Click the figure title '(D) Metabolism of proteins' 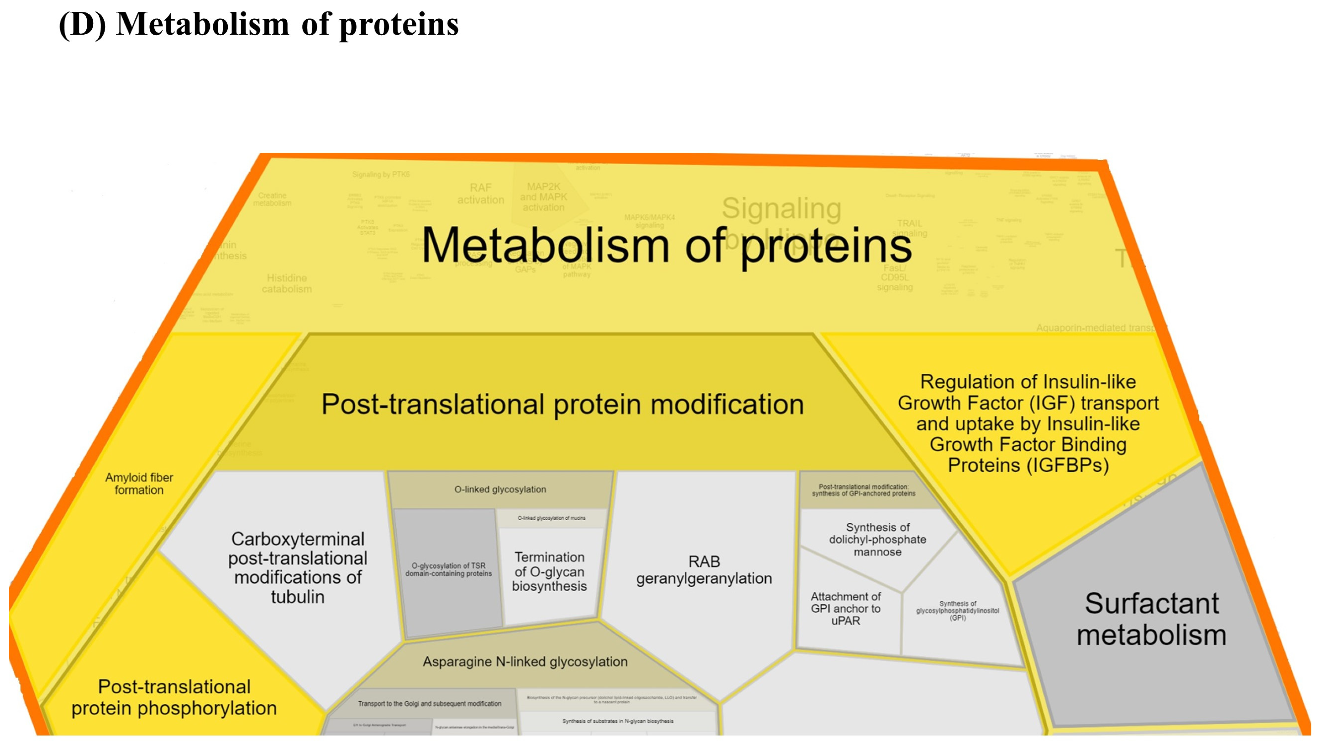[x=259, y=25]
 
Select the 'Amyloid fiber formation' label [x=139, y=483]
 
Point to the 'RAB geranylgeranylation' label [x=704, y=570]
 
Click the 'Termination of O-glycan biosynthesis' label [x=550, y=571]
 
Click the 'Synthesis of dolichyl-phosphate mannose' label [x=877, y=540]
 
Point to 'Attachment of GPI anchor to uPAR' [x=846, y=609]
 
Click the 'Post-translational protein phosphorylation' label [x=174, y=697]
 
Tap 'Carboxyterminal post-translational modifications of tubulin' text [x=298, y=568]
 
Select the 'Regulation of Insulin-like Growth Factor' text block [x=1028, y=424]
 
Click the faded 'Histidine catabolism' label [x=287, y=284]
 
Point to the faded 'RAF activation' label [x=481, y=194]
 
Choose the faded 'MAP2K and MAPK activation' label [x=543, y=197]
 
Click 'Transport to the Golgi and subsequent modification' [x=430, y=704]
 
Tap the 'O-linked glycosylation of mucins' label [x=552, y=518]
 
